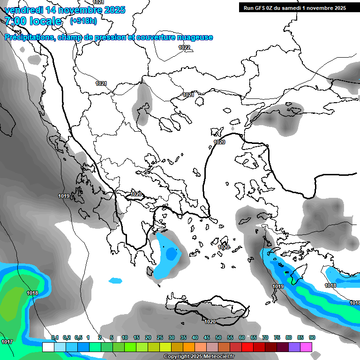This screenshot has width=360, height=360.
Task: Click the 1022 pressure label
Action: coord(184,47)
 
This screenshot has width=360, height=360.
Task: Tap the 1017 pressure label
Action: coord(7,342)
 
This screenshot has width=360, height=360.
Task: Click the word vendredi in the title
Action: coord(22,10)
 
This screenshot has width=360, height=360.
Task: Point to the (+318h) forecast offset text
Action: coord(83,21)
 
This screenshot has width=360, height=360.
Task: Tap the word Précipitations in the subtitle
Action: coord(29,37)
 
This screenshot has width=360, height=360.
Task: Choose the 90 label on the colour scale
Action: coord(312,337)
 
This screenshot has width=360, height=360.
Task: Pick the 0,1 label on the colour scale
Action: coord(55,337)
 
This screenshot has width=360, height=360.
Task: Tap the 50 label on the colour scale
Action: coord(218,337)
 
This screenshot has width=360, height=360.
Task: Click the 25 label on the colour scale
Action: coord(160,337)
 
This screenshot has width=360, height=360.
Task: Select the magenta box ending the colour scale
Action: coord(306,347)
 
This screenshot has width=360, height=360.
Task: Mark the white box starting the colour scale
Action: coord(48,347)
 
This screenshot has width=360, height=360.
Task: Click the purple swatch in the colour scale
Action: coord(294,347)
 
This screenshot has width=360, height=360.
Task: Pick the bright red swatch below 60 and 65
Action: coord(247,347)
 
